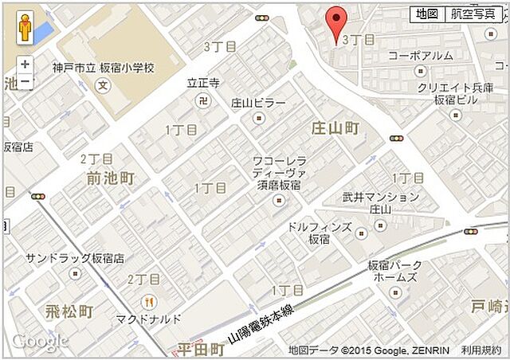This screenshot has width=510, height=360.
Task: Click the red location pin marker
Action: (338, 22)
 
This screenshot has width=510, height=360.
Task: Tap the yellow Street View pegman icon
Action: (25, 29)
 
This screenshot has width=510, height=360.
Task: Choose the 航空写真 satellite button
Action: (473, 14)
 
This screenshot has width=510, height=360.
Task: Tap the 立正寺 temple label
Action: (203, 82)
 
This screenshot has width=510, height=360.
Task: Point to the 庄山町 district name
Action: (335, 128)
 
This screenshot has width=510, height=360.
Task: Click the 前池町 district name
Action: (110, 178)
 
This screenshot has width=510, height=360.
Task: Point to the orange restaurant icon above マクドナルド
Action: (148, 301)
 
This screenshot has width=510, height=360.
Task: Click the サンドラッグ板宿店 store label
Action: (75, 258)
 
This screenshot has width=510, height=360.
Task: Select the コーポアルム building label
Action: (421, 56)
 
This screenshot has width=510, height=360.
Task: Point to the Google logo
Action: (40, 342)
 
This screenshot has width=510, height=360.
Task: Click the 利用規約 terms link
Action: (481, 350)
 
